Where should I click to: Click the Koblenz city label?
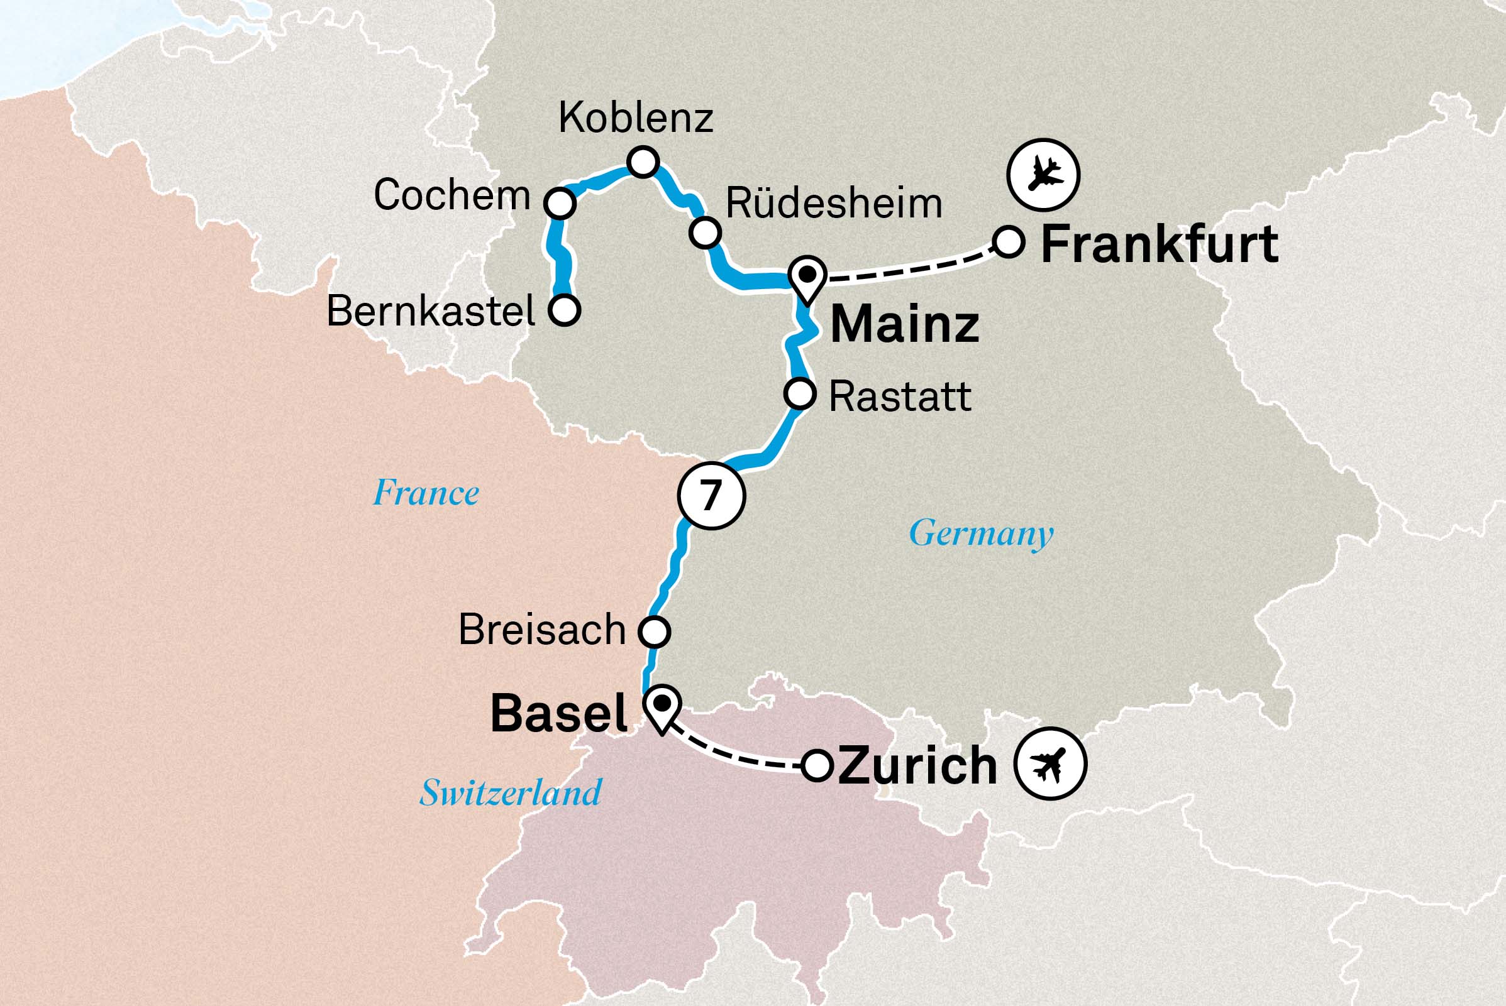pyautogui.click(x=636, y=118)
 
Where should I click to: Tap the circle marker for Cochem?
pyautogui.click(x=560, y=204)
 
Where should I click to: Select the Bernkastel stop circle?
pyautogui.click(x=564, y=310)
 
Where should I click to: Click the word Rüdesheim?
pyautogui.click(x=833, y=204)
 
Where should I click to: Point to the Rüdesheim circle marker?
pyautogui.click(x=705, y=232)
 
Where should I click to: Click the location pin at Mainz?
pyautogui.click(x=807, y=277)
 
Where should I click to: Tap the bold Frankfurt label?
pyautogui.click(x=1159, y=244)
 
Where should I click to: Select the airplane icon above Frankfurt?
pyautogui.click(x=1043, y=175)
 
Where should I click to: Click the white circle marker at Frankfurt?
pyautogui.click(x=1008, y=242)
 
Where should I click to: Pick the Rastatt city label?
pyautogui.click(x=900, y=397)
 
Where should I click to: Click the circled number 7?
pyautogui.click(x=711, y=496)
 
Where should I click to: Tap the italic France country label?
pyautogui.click(x=426, y=493)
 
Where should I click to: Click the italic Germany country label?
pyautogui.click(x=981, y=533)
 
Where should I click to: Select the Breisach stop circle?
pyautogui.click(x=654, y=631)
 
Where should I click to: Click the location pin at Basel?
pyautogui.click(x=662, y=707)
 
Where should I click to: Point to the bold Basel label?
pyautogui.click(x=558, y=713)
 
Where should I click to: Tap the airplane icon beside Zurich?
pyautogui.click(x=1050, y=763)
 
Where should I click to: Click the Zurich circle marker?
pyautogui.click(x=817, y=765)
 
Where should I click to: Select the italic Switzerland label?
pyautogui.click(x=511, y=793)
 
